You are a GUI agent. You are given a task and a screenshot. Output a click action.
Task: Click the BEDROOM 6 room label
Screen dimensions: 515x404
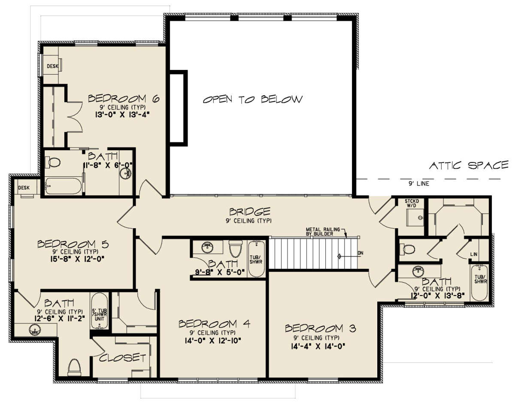coord(124,99)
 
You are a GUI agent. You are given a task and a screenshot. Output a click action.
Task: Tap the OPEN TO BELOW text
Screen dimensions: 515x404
coord(253,99)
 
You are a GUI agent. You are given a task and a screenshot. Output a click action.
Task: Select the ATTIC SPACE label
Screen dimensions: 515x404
coord(469,165)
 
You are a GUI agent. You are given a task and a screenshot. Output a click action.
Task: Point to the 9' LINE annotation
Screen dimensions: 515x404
coord(419,184)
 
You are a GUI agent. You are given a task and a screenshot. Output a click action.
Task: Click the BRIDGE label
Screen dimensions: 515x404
coord(250,211)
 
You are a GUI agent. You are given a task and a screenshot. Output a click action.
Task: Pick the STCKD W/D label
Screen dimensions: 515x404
coord(412,203)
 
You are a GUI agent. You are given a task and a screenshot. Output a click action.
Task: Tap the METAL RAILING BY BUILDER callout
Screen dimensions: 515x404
coord(323,232)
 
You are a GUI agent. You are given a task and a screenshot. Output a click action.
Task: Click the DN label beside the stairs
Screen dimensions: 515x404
coord(360,253)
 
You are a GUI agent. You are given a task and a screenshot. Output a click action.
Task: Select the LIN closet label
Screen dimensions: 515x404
coord(474,254)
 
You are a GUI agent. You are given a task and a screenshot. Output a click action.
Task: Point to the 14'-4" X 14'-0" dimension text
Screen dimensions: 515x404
coord(318,347)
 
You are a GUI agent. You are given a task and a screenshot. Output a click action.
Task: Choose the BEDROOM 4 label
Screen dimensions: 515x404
coord(214,324)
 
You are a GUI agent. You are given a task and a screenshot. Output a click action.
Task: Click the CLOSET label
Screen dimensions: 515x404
coord(123,358)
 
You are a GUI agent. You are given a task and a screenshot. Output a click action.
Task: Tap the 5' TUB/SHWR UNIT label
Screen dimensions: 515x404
coord(100,315)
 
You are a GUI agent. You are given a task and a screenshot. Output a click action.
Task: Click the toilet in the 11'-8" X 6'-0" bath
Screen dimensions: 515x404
coord(53,163)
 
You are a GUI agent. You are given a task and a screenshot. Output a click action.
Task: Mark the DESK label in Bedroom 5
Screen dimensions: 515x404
coord(24,187)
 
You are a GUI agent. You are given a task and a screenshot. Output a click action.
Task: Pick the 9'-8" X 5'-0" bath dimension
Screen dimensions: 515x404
coord(220,272)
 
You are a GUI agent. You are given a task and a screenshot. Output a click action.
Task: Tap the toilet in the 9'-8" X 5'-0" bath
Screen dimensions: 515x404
coord(236,249)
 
